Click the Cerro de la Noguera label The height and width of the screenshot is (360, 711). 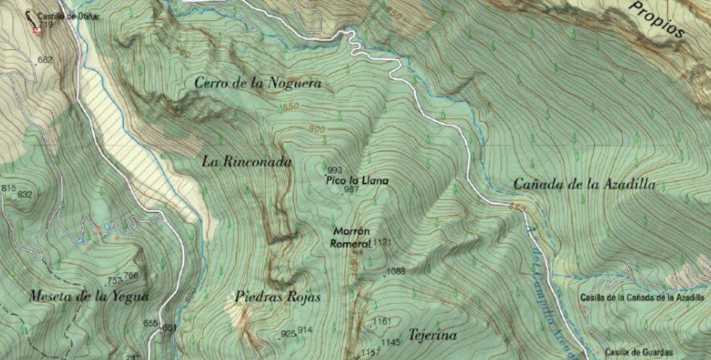pyautogui.click(x=258, y=83)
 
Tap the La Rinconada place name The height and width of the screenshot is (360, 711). pyautogui.click(x=246, y=162)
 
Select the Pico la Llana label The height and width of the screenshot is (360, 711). pyautogui.click(x=357, y=181)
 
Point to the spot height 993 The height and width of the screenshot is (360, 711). pyautogui.click(x=335, y=170)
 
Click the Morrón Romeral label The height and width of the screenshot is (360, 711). pyautogui.click(x=352, y=237)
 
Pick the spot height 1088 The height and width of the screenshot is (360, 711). pyautogui.click(x=396, y=271)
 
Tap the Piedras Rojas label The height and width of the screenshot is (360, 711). pyautogui.click(x=277, y=297)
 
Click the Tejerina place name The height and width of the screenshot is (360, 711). pyautogui.click(x=432, y=336)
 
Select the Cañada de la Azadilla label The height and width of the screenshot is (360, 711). pyautogui.click(x=584, y=184)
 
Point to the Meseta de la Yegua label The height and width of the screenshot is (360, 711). pyautogui.click(x=89, y=296)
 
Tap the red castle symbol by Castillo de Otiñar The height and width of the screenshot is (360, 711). pyautogui.click(x=38, y=31)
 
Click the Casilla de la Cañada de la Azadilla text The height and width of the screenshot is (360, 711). pyautogui.click(x=642, y=297)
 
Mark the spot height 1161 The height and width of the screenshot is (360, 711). pyautogui.click(x=382, y=322)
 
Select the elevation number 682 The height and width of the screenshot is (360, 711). pyautogui.click(x=45, y=60)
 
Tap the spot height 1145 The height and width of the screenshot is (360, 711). pyautogui.click(x=391, y=342)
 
